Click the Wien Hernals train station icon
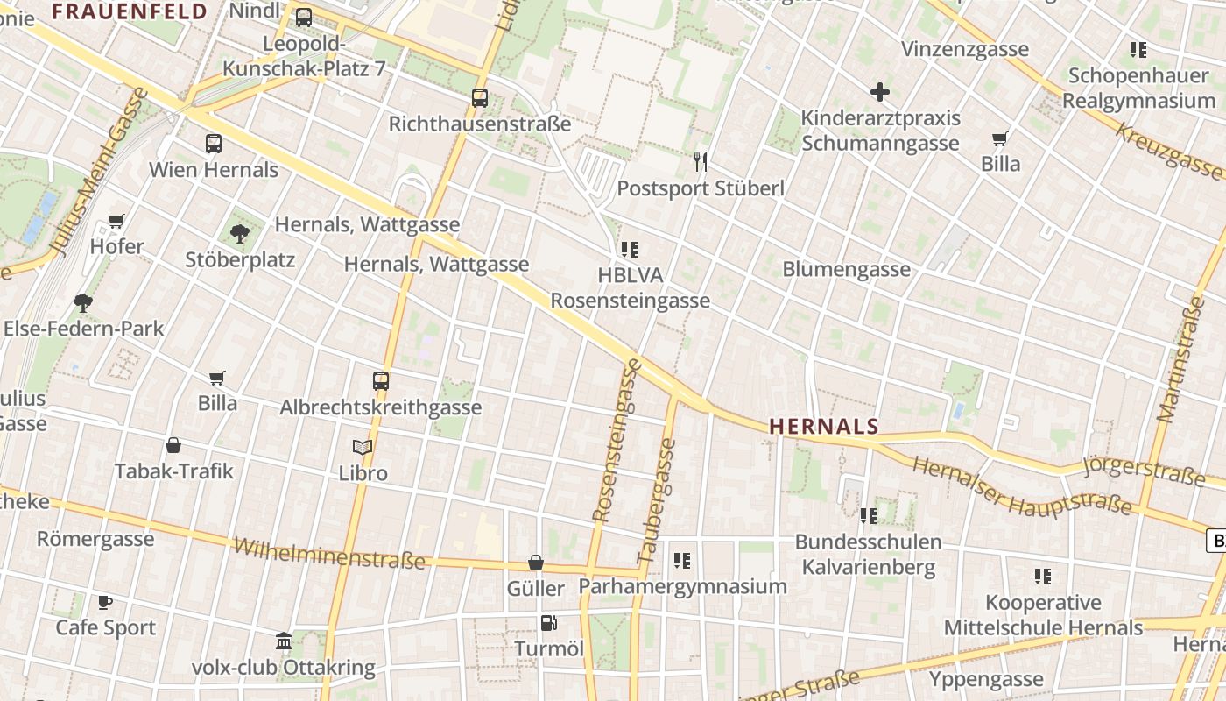(214, 144)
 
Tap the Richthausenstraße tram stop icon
(480, 98)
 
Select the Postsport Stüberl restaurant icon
(700, 161)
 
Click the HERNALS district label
(823, 427)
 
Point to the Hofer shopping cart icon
(116, 221)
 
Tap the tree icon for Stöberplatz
(240, 233)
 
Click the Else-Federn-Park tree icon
(83, 303)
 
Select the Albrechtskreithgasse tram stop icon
(381, 381)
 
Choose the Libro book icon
(363, 447)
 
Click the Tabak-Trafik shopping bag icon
(173, 445)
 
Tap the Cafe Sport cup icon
(105, 602)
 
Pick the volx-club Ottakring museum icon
(284, 641)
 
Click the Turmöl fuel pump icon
(549, 623)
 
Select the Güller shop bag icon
(536, 563)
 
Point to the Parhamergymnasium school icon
(682, 560)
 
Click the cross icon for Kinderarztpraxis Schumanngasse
(880, 92)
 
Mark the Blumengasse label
(846, 269)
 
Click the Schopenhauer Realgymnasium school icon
(1138, 50)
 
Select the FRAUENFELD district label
(130, 11)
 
